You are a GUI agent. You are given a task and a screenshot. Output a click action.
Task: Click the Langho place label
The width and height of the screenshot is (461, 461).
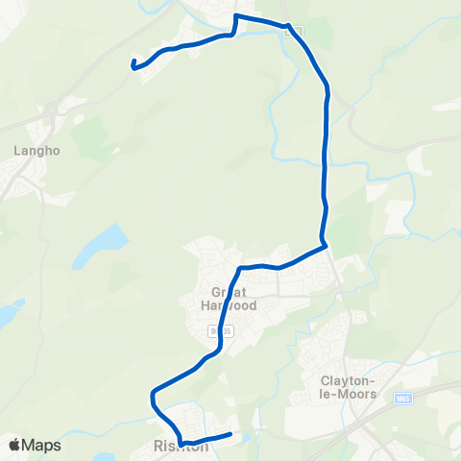[x=37, y=150]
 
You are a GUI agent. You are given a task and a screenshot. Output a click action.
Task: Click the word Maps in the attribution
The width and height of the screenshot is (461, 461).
[x=43, y=445]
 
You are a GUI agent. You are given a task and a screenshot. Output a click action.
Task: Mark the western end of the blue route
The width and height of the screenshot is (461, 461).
[x=132, y=64]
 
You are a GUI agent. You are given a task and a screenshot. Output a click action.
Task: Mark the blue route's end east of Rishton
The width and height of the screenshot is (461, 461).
[x=231, y=435]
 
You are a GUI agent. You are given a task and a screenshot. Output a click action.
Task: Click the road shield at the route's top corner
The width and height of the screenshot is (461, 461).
[x=293, y=31]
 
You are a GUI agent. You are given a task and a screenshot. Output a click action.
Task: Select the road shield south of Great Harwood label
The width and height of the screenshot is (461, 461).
[x=215, y=330]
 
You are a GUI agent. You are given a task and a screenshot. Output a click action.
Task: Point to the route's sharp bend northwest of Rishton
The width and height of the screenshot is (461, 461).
[x=152, y=394]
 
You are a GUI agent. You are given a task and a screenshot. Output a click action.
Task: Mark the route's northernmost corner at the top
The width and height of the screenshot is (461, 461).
[x=238, y=16]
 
